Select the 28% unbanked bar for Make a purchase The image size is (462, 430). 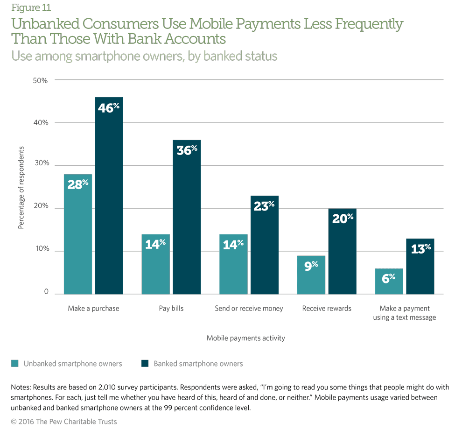[x=78, y=234]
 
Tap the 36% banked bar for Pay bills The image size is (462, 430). [x=187, y=217]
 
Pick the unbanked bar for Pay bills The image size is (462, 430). [x=156, y=264]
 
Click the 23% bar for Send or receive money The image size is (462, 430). [x=265, y=245]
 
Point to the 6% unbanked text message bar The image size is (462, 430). [x=389, y=281]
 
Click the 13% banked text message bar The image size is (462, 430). [x=420, y=266]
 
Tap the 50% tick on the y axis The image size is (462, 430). [x=40, y=80]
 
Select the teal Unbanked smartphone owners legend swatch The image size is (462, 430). [x=14, y=364]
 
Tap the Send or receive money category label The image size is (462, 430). [x=249, y=309]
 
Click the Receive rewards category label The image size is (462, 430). [x=327, y=309]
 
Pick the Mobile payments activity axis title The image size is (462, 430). [x=245, y=338]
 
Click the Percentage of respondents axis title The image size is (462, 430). [x=21, y=187]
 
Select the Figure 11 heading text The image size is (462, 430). [x=30, y=7]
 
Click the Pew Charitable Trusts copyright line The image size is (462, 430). [x=64, y=422]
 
